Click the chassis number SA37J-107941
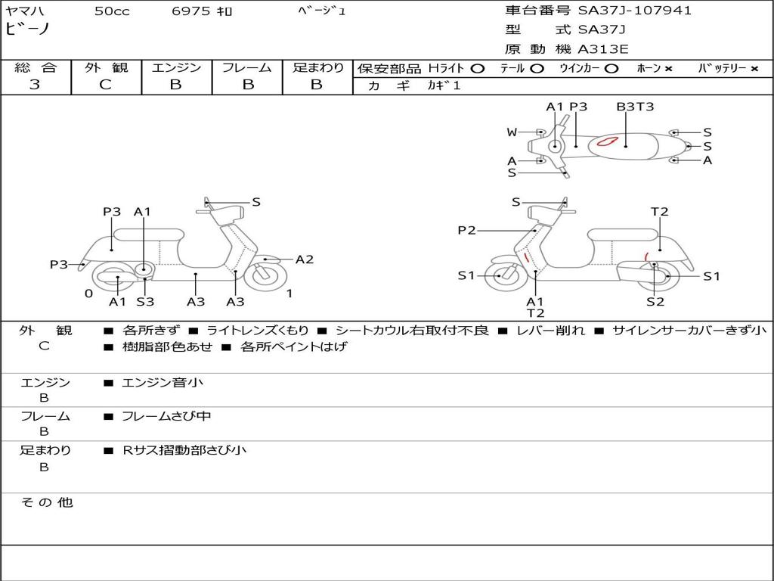pos(634,11)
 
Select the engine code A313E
pos(602,49)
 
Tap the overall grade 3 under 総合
pos(35,85)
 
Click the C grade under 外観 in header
pos(106,85)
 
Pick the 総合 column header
pos(36,67)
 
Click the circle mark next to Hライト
pos(477,69)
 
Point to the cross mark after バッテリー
pos(754,69)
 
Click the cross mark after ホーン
pos(668,69)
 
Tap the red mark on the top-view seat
pos(607,141)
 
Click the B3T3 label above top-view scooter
pos(635,107)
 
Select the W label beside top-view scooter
pos(512,132)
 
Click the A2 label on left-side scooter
pos(305,259)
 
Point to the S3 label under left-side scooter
pos(145,301)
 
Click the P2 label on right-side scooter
pos(466,230)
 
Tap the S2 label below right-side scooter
pos(655,301)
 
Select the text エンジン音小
pos(163,382)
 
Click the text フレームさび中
pos(166,417)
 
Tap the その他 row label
pos(46,502)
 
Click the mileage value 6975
pos(191,11)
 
